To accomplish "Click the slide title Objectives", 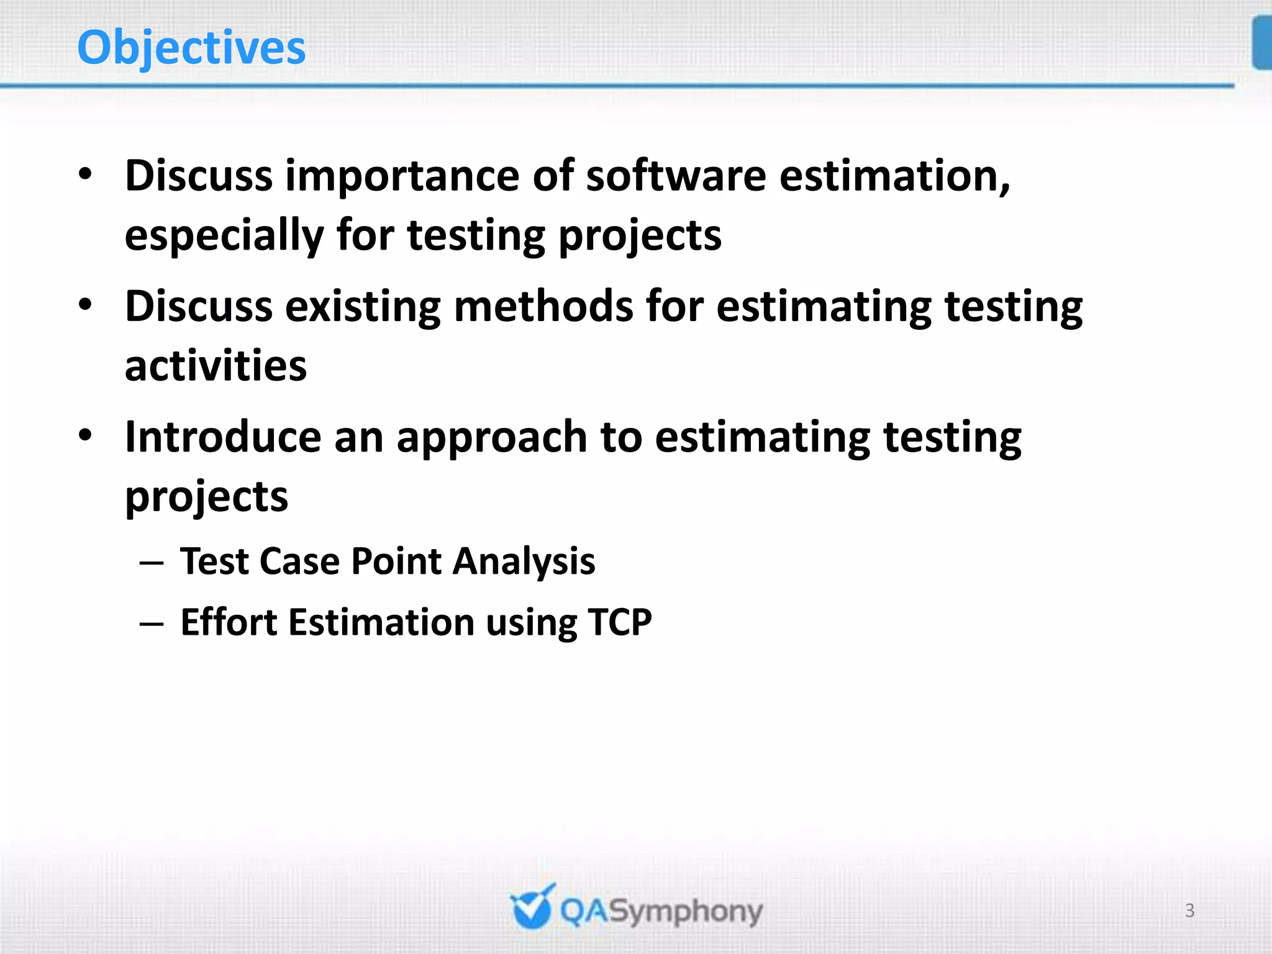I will tap(191, 48).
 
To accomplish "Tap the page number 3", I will tap(1189, 911).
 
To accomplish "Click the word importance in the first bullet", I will tap(402, 176).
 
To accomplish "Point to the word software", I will tap(676, 176).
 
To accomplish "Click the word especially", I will tap(224, 236).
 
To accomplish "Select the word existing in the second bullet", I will tap(363, 307).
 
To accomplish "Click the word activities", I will tap(216, 366).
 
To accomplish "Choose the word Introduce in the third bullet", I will tap(223, 437).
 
